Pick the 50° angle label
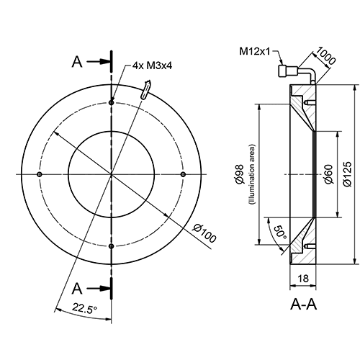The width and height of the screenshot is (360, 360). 279,232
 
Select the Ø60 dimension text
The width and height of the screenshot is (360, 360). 328,174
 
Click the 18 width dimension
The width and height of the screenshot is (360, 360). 303,278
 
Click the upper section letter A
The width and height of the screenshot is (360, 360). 77,62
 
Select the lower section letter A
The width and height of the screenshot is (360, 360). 77,288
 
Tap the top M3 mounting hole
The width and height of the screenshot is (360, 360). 111,102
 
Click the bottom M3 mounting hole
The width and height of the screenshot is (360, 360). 111,246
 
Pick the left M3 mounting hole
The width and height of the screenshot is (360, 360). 39,174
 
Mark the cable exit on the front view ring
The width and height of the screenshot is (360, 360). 146,90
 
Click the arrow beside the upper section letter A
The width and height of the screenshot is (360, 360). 97,62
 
